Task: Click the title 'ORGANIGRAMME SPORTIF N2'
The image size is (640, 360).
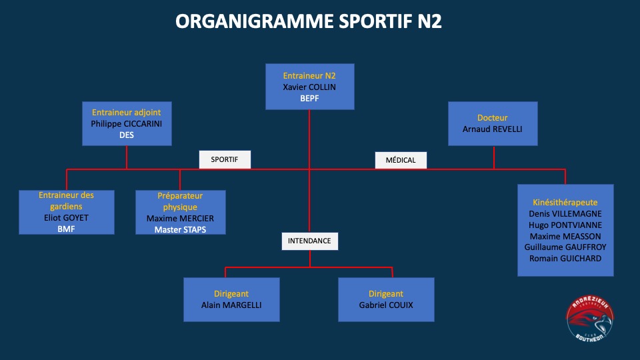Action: (309, 21)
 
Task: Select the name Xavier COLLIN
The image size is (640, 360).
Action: (309, 87)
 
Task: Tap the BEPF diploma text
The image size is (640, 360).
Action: (309, 99)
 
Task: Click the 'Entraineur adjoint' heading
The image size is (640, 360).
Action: (126, 112)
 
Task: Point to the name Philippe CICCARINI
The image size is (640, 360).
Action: (126, 124)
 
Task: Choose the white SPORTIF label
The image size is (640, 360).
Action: (225, 159)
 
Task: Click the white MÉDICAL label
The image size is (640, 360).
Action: (401, 160)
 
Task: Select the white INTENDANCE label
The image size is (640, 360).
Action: (309, 241)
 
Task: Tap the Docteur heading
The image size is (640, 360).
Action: (492, 117)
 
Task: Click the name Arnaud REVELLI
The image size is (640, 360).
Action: (492, 129)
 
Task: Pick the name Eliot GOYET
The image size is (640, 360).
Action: (66, 217)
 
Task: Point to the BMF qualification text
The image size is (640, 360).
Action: (66, 229)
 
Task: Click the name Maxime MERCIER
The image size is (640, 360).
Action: (180, 219)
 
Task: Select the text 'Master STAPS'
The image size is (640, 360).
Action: (180, 230)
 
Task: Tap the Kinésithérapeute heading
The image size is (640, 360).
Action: (565, 203)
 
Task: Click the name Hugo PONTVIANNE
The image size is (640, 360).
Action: (565, 225)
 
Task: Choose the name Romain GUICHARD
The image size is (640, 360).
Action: (565, 259)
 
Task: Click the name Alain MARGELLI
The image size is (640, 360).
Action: (231, 305)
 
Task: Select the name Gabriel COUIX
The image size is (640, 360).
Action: (386, 305)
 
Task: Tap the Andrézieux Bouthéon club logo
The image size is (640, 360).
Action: (590, 319)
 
